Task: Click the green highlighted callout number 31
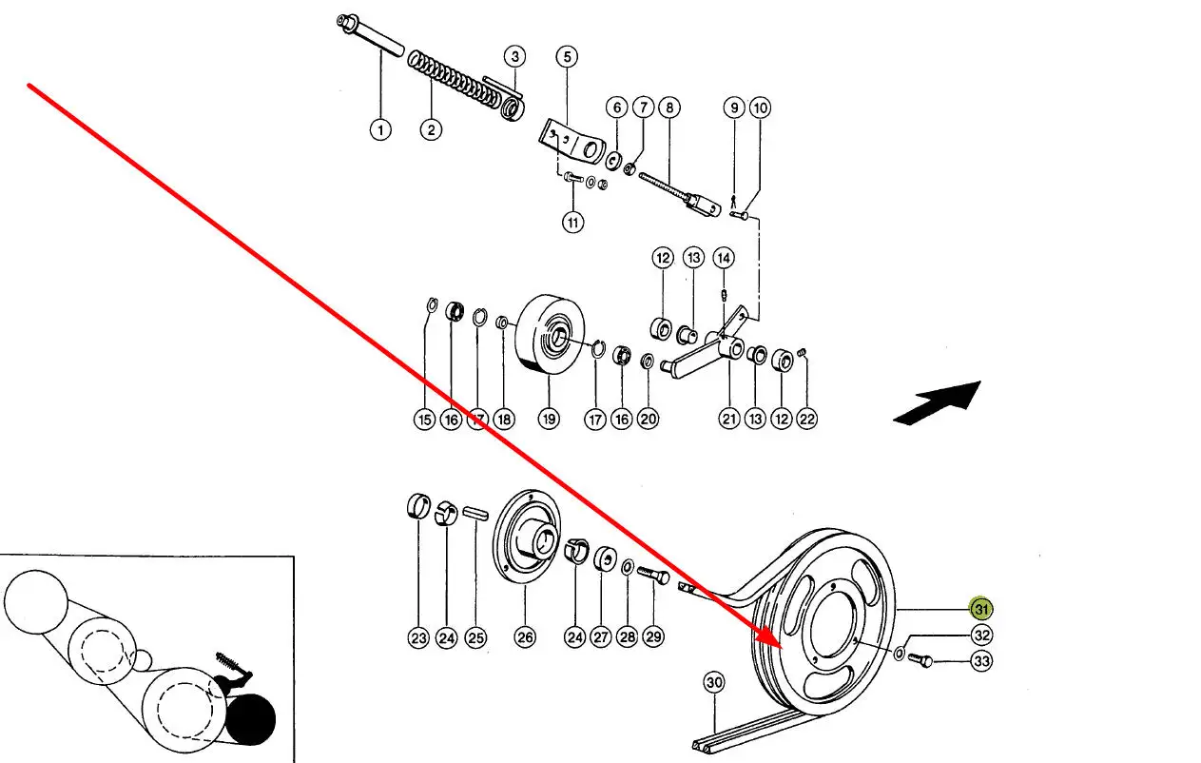coord(980,609)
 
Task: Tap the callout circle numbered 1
coord(380,129)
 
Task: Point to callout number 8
coord(668,108)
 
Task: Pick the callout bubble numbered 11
coord(572,224)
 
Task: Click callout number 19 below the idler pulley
coord(549,419)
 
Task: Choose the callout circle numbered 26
coord(525,638)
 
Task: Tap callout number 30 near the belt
coord(715,682)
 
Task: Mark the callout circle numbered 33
coord(980,661)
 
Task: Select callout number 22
coord(807,419)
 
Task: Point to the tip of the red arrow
coord(782,646)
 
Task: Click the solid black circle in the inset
coord(249,719)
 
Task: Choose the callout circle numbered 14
coord(724,258)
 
